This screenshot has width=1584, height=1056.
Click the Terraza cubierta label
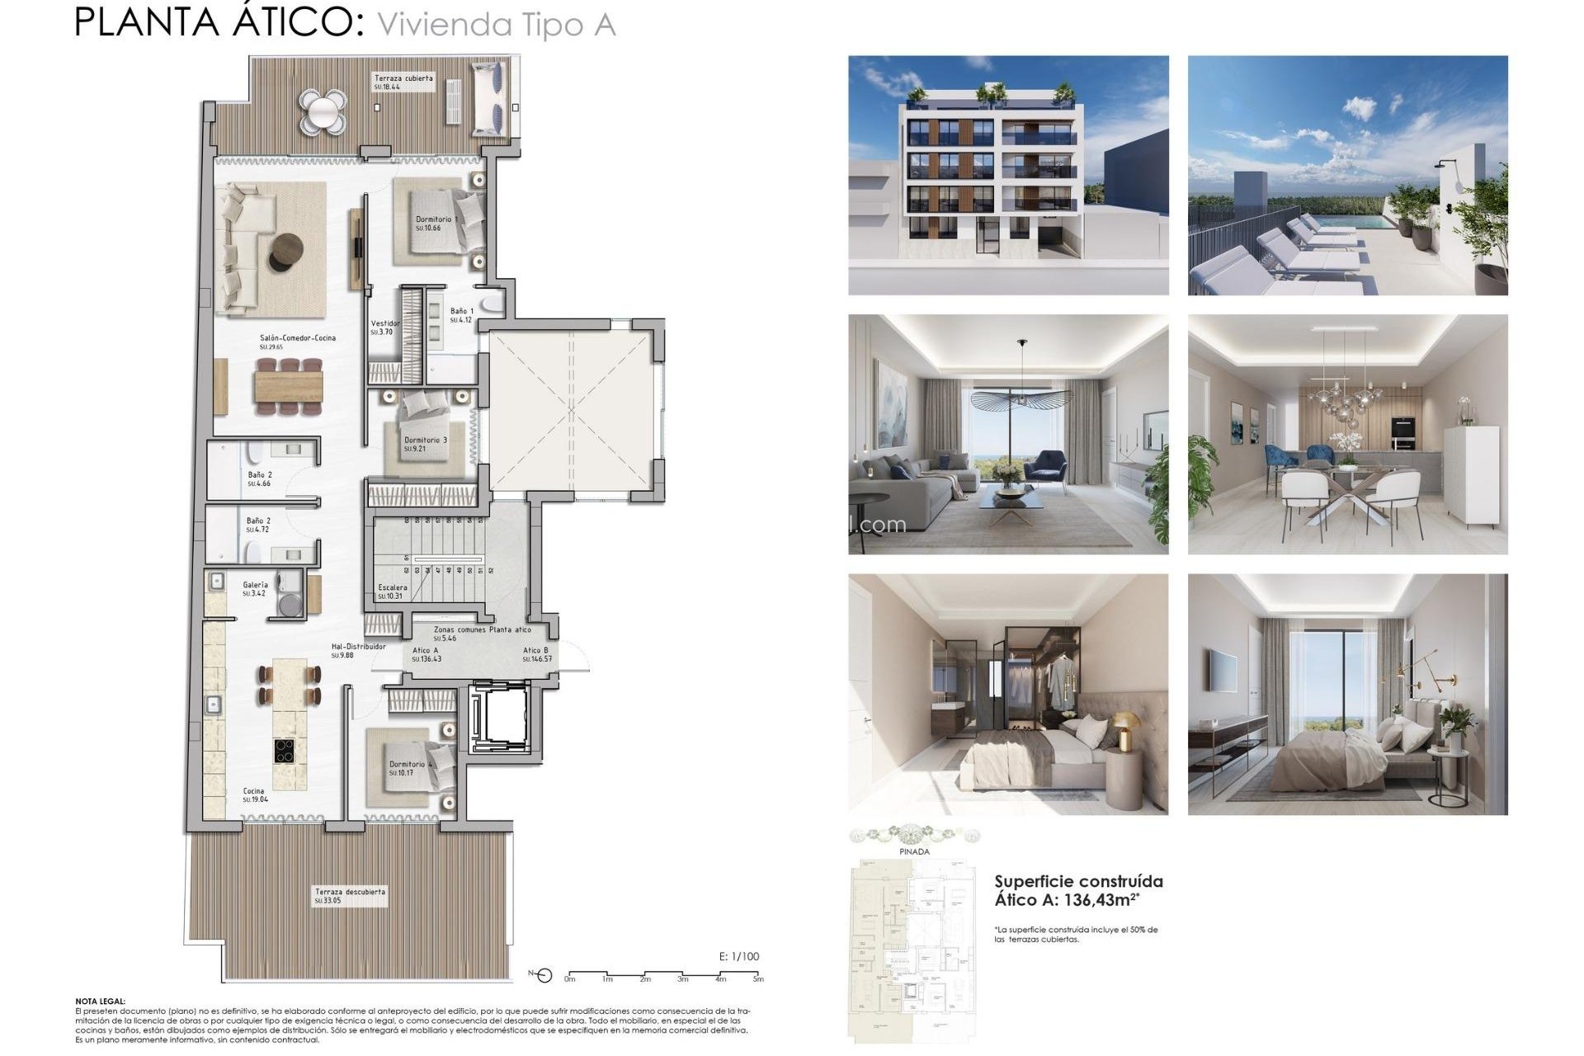point(403,78)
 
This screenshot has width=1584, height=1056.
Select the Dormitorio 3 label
point(425,441)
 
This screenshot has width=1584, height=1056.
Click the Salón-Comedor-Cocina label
point(297,338)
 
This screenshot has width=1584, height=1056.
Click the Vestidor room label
point(384,324)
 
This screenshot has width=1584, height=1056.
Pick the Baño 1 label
point(461,312)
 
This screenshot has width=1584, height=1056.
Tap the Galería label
point(255,585)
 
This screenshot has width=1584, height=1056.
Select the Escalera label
point(393,587)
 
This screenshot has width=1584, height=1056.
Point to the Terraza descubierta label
point(350,892)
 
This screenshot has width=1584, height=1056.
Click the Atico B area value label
point(536,659)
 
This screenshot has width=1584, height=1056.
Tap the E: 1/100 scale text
point(739,957)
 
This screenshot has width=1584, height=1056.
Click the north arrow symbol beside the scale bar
point(542,976)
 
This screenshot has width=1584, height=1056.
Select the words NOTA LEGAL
point(100,1001)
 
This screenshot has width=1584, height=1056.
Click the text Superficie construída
point(1078,881)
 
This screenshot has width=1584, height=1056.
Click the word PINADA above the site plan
point(914,851)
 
